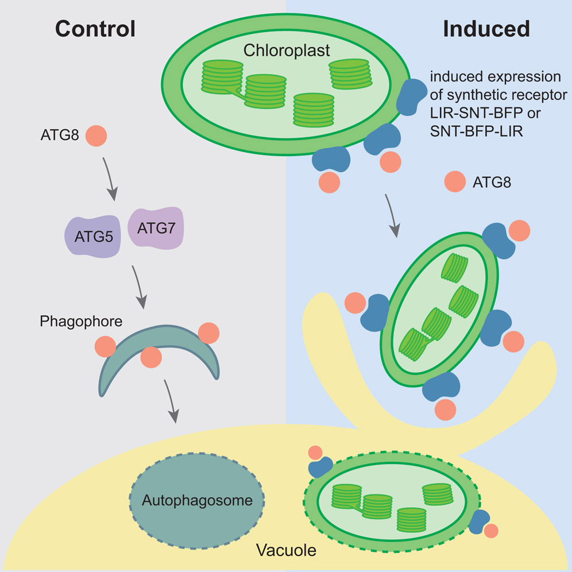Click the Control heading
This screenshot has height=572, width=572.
[x=95, y=28]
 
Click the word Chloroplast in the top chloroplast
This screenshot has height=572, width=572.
[x=287, y=51]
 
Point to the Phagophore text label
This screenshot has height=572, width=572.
[x=81, y=322]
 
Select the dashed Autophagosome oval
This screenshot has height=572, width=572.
[x=197, y=500]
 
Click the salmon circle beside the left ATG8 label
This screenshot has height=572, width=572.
[x=96, y=137]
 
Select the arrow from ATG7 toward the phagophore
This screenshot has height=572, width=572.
[x=140, y=285]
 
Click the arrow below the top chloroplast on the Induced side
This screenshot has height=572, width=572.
[x=392, y=214]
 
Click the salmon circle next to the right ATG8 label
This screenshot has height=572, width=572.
[x=454, y=183]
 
